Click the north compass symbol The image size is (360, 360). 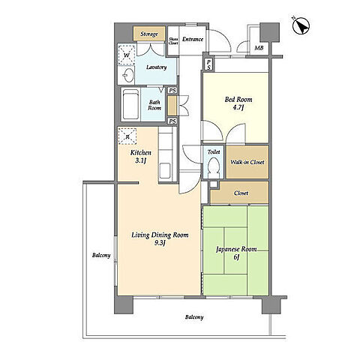301,25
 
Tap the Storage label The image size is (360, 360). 149,34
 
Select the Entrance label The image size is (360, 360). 193,39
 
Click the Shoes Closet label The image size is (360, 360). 173,41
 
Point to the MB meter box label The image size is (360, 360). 259,48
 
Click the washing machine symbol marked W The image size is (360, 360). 127,55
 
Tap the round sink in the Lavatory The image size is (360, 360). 128,75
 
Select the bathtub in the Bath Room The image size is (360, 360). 130,104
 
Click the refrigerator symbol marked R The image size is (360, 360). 127,136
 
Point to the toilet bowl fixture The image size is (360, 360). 214,166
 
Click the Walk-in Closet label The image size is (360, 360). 247,162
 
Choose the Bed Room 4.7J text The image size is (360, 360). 238,103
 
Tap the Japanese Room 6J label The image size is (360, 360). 236,253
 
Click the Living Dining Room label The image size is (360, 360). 160,238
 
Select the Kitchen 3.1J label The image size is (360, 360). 141,156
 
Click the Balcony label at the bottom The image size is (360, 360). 194,317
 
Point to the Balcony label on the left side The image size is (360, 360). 101,255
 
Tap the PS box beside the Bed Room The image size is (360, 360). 208,64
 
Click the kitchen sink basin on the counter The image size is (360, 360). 165,170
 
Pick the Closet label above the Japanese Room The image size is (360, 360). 241,193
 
